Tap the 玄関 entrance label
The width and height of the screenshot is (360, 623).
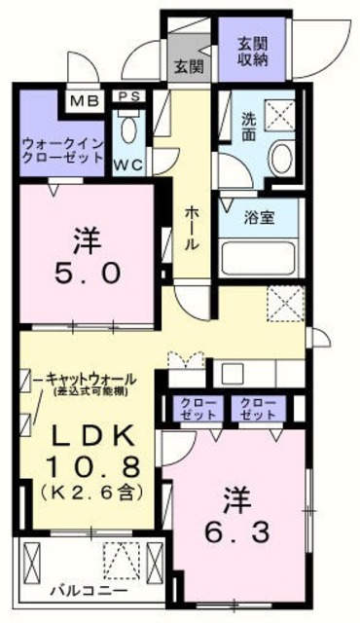point(188,67)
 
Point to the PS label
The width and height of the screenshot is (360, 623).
point(128,97)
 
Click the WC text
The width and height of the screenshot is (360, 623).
point(128,164)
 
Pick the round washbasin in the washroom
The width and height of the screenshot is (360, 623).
point(284,161)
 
